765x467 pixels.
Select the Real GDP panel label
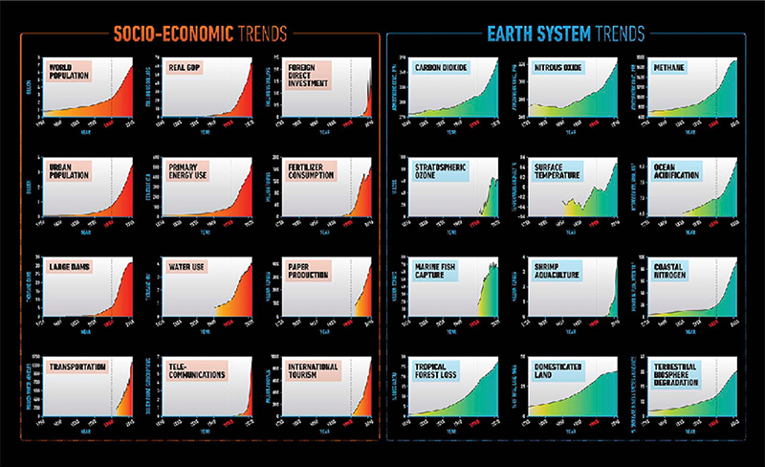186,69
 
